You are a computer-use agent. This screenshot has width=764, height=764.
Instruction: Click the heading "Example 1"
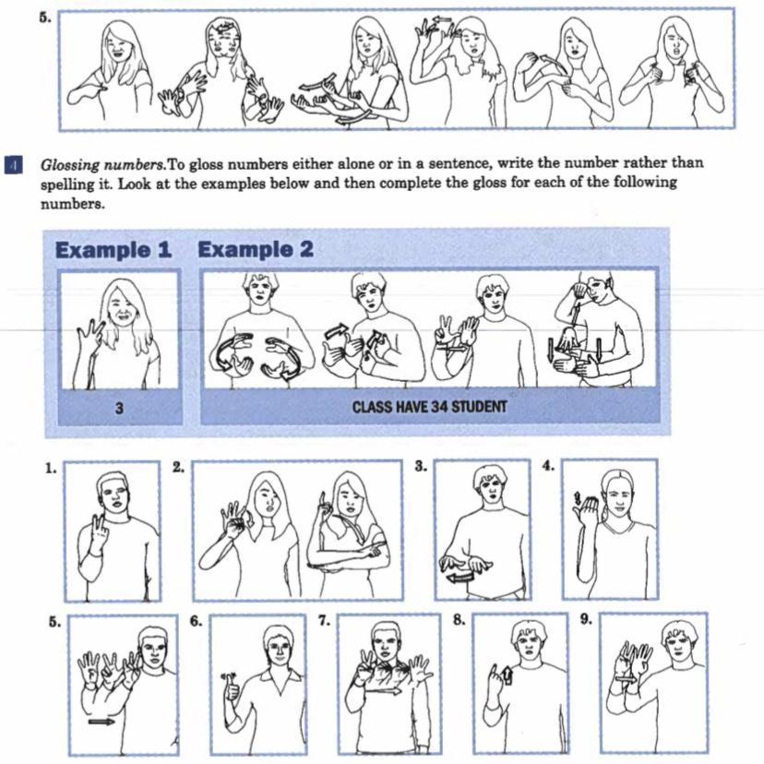[113, 250]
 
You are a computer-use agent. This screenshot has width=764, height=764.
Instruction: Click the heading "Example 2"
[256, 249]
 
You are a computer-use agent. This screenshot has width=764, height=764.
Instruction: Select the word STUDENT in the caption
[479, 407]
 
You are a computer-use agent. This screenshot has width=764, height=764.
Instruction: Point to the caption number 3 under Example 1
[119, 408]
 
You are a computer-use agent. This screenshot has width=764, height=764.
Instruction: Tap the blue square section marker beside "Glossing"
[14, 165]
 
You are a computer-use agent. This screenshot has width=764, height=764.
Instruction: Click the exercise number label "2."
[179, 468]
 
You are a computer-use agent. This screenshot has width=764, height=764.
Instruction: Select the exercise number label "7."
[325, 621]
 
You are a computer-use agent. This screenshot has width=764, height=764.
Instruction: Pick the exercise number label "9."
[587, 619]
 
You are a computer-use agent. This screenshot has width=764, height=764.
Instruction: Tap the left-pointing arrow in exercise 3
[460, 579]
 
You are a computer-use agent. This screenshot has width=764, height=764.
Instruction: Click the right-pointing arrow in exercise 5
[101, 722]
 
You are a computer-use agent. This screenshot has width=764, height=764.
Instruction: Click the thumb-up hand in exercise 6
[231, 688]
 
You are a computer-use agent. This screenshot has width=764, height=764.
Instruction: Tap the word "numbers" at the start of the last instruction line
[73, 204]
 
